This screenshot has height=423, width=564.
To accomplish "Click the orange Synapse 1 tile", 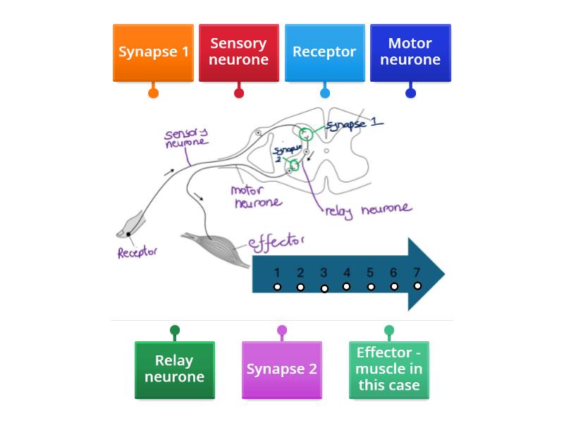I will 153,52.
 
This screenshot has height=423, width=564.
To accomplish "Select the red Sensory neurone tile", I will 239,52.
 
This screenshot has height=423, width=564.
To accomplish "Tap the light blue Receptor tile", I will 324,52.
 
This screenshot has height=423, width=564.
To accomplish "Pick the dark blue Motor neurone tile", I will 410,52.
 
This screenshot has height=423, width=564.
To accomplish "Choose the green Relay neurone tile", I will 174,369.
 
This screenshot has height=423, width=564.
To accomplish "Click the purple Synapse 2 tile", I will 281,369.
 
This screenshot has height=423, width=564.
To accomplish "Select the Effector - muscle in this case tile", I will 388,369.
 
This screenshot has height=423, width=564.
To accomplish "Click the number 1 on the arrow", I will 277,273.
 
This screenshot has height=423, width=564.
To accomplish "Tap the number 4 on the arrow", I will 346,273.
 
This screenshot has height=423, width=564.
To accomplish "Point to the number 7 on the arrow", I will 417,273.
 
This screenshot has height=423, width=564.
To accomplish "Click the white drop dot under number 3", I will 324,288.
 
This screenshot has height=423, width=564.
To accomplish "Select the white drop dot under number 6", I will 394,287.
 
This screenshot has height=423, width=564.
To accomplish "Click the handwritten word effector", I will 276,243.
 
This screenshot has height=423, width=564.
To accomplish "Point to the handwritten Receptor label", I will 137,252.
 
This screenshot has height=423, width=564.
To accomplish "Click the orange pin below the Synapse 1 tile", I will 153,93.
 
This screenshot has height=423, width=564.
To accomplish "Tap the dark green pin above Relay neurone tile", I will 175,330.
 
